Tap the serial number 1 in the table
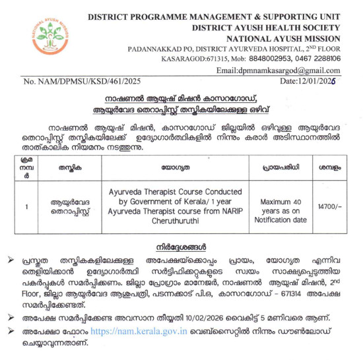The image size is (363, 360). click(x=26, y=206)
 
